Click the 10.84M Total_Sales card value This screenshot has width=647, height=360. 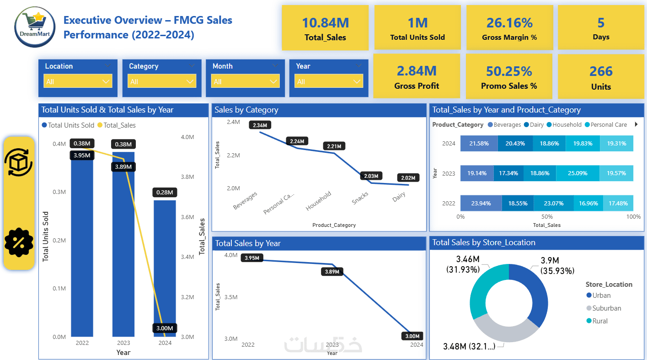click(325, 23)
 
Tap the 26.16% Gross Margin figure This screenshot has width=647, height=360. click(509, 23)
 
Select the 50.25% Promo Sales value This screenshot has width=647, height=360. click(509, 71)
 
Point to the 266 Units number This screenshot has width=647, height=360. click(601, 71)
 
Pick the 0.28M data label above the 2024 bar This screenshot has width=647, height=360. click(165, 193)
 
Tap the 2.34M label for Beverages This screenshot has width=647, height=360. click(261, 125)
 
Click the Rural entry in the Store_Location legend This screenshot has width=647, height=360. click(600, 321)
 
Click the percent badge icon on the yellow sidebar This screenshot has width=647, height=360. click(19, 242)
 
